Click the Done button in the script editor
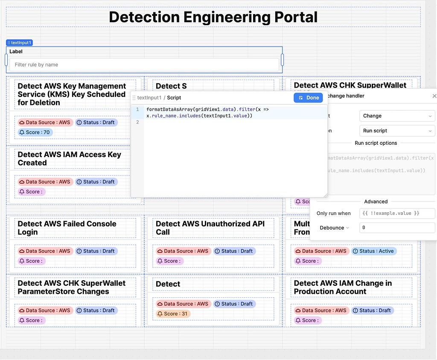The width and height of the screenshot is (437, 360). coord(308,98)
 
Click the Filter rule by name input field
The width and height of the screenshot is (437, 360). coord(144,65)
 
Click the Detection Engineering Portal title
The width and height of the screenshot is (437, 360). coord(213,17)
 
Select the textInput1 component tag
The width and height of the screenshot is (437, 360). coord(19,43)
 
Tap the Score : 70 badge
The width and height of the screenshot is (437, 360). coord(35,132)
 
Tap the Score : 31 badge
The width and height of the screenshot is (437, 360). coord(173,314)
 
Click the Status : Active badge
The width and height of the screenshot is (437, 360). coord(374,251)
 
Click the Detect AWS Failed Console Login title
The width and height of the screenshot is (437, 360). coord(67,228)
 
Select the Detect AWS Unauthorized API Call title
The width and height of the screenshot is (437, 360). coord(210,228)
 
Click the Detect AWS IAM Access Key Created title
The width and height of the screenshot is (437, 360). coord(70,158)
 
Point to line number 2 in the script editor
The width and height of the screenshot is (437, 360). coord(137,122)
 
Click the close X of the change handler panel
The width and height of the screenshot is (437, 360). coord(434,96)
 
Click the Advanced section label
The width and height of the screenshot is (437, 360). coord(376,202)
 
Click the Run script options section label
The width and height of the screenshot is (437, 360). coord(376,143)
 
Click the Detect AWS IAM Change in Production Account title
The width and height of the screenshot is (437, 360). coord(343,287)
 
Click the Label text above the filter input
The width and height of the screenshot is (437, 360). coord(16,52)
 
